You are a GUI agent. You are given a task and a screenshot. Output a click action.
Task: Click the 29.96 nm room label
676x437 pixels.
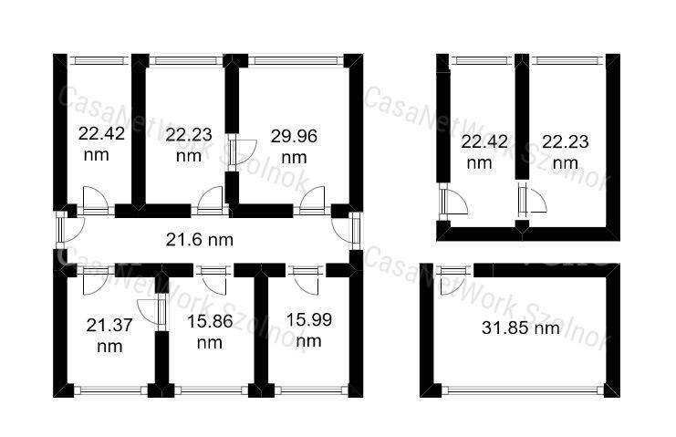pyautogui.click(x=294, y=147)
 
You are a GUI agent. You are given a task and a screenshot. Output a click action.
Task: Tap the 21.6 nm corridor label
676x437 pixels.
pyautogui.click(x=200, y=240)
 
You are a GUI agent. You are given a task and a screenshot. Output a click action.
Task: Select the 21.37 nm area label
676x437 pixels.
pyautogui.click(x=109, y=336)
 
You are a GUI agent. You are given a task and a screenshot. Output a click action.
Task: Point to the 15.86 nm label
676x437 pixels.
pyautogui.click(x=210, y=332)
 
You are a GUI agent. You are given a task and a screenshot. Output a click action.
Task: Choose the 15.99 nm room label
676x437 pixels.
pyautogui.click(x=309, y=330)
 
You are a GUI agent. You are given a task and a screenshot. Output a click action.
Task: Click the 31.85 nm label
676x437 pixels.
pyautogui.click(x=521, y=328)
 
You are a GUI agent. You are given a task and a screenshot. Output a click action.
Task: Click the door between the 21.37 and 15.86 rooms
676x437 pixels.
pyautogui.click(x=151, y=311)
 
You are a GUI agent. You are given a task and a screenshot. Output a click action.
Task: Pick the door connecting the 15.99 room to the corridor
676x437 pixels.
pyautogui.click(x=306, y=280)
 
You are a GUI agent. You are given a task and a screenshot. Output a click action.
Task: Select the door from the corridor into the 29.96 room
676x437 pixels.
pyautogui.click(x=312, y=201)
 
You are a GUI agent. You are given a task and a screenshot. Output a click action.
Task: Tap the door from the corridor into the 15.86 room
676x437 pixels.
pyautogui.click(x=213, y=280)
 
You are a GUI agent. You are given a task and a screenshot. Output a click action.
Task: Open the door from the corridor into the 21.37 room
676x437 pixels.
pyautogui.click(x=95, y=280)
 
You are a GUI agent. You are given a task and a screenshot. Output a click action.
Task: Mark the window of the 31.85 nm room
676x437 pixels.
pyautogui.click(x=523, y=390)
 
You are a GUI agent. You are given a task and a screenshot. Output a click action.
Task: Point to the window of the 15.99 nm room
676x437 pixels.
pyautogui.click(x=311, y=390)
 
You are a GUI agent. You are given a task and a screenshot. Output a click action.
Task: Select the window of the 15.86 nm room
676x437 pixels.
pyautogui.click(x=212, y=390)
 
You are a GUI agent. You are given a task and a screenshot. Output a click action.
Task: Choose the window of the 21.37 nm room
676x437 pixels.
pyautogui.click(x=110, y=390)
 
